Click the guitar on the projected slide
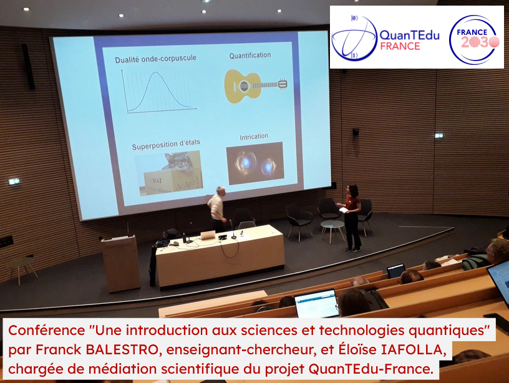[256, 85]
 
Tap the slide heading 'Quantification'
[250, 56]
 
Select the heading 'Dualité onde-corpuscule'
[155, 59]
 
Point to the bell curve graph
[158, 92]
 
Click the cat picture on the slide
[169, 173]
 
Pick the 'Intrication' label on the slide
[254, 137]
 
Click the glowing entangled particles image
[255, 163]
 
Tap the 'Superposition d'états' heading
[166, 145]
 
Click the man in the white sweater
[216, 209]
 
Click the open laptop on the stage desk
[208, 235]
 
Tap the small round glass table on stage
[332, 230]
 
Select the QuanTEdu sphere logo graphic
[354, 38]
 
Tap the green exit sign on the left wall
[14, 182]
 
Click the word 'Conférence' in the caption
[46, 331]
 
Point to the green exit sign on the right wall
[439, 136]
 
